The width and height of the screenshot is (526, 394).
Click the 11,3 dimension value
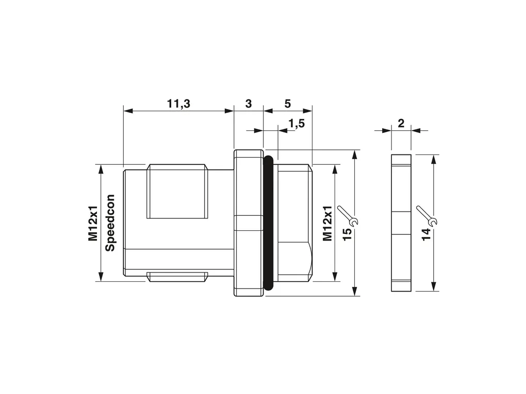point(179,104)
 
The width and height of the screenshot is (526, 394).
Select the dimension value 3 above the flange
point(248,104)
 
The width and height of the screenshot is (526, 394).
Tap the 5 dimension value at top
point(287,104)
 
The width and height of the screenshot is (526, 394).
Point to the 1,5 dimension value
point(297,124)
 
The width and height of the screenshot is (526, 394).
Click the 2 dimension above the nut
point(401,123)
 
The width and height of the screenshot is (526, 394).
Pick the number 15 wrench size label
point(348,233)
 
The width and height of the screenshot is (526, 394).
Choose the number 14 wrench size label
point(426,234)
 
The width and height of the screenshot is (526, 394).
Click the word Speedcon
point(110,223)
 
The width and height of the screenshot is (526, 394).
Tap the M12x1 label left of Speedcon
point(93,223)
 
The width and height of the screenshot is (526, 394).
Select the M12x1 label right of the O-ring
point(327,223)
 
